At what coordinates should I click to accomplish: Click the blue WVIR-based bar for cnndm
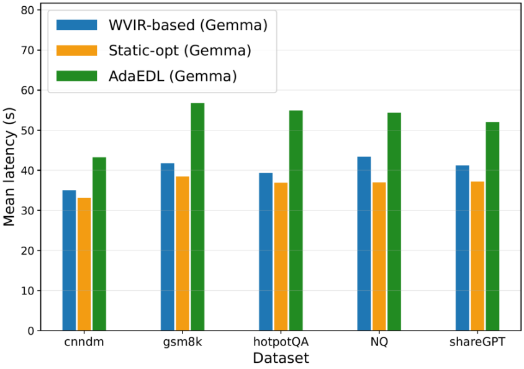[x=69, y=260]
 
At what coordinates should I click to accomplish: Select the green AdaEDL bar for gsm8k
[x=197, y=217]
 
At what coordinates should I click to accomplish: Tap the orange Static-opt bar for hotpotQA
[x=281, y=257]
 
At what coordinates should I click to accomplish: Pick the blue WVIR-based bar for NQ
[x=364, y=244]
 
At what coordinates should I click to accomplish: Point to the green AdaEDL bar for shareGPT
[x=492, y=226]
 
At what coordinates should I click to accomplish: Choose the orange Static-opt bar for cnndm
[x=84, y=265]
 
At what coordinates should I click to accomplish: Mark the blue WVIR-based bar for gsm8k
[x=168, y=247]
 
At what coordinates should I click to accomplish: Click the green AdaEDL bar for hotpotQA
[x=296, y=221]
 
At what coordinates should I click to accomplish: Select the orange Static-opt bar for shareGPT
[x=477, y=256]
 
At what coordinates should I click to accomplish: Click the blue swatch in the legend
[x=76, y=25]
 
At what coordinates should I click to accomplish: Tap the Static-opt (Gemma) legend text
[x=180, y=50]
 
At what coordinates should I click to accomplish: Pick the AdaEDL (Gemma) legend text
[x=173, y=76]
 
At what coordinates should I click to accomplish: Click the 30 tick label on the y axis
[x=27, y=211]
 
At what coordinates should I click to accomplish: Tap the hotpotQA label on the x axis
[x=281, y=342]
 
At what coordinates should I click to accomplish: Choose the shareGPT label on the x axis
[x=477, y=342]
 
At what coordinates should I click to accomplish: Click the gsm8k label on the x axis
[x=183, y=342]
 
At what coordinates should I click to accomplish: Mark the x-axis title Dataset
[x=281, y=358]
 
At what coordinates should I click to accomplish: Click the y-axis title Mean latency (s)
[x=9, y=166]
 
